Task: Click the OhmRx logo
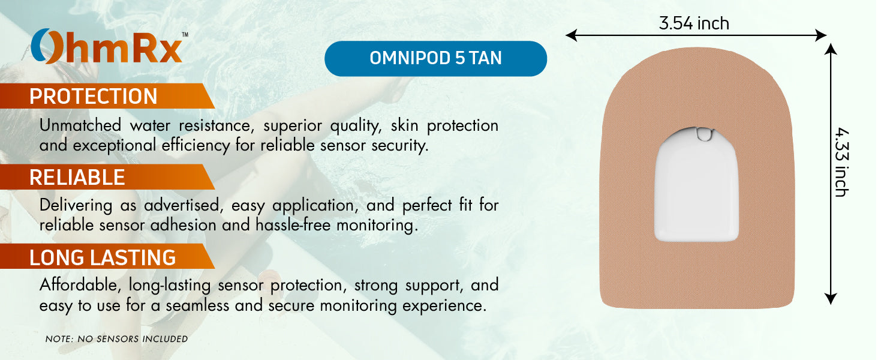(x=109, y=47)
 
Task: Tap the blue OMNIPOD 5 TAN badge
(x=435, y=58)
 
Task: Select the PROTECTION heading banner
(x=102, y=96)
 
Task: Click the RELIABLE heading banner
(x=102, y=177)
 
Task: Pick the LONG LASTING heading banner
(x=102, y=257)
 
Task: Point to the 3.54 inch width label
(x=694, y=23)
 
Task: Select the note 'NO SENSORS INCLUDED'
(x=116, y=339)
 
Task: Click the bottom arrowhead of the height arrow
(x=830, y=298)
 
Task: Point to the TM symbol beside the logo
(x=184, y=35)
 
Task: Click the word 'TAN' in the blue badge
(x=485, y=58)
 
